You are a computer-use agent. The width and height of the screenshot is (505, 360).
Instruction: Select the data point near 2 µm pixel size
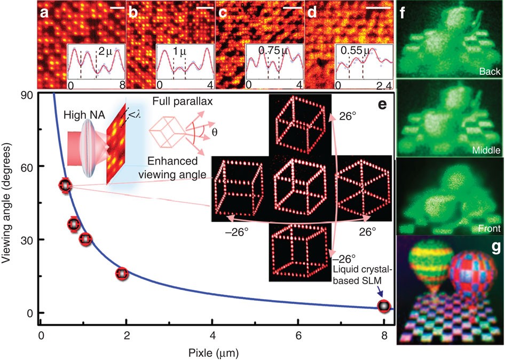[123, 273]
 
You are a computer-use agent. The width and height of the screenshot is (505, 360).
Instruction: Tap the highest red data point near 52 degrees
[65, 185]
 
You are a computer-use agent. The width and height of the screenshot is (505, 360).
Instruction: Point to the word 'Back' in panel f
[490, 72]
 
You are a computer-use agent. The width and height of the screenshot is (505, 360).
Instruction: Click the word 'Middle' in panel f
[486, 151]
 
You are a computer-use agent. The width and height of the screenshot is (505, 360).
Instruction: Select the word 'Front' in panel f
[488, 229]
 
